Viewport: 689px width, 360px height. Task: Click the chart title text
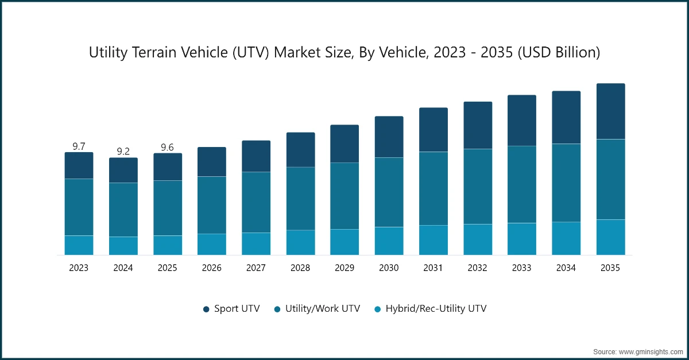pos(344,53)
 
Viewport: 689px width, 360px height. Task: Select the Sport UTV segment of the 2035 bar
pos(610,111)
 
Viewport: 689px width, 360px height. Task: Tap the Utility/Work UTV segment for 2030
pos(389,192)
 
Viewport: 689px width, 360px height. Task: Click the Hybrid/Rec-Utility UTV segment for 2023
pos(79,245)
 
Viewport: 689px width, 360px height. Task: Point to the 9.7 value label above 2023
pos(79,146)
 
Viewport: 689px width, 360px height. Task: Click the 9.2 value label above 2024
pos(123,152)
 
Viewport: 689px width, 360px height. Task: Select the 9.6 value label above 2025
pos(167,147)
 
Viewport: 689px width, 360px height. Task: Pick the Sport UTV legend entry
pos(231,309)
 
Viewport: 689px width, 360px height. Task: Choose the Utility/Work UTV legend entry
pos(317,309)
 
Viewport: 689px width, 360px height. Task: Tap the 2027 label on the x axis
pos(256,268)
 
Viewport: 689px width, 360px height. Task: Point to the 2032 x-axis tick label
pos(478,268)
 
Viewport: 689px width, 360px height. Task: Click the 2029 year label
pos(344,268)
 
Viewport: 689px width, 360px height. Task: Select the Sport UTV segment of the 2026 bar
pos(212,162)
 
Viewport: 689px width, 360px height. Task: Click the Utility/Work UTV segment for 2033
pos(522,184)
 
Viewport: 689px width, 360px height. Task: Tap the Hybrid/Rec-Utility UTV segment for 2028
pos(300,242)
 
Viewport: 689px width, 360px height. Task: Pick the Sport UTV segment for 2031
pos(433,130)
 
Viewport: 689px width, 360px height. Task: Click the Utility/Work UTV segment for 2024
pos(123,210)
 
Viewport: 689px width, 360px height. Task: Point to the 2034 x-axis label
pos(566,268)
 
